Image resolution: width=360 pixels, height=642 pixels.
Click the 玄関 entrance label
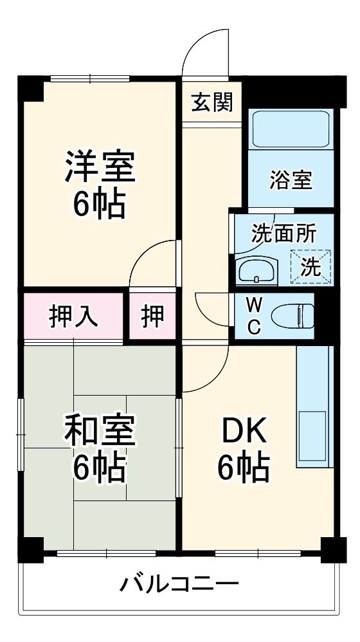[212, 102]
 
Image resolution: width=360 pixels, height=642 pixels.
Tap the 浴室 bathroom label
[291, 180]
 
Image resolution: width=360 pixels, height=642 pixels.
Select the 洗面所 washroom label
[283, 234]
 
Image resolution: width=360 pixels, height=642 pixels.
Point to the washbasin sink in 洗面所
[257, 271]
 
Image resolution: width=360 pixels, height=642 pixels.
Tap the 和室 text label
[99, 432]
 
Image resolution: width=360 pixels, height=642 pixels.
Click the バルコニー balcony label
[179, 585]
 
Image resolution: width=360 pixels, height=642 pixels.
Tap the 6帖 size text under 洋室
[99, 205]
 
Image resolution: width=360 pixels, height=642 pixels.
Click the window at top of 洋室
[91, 78]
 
